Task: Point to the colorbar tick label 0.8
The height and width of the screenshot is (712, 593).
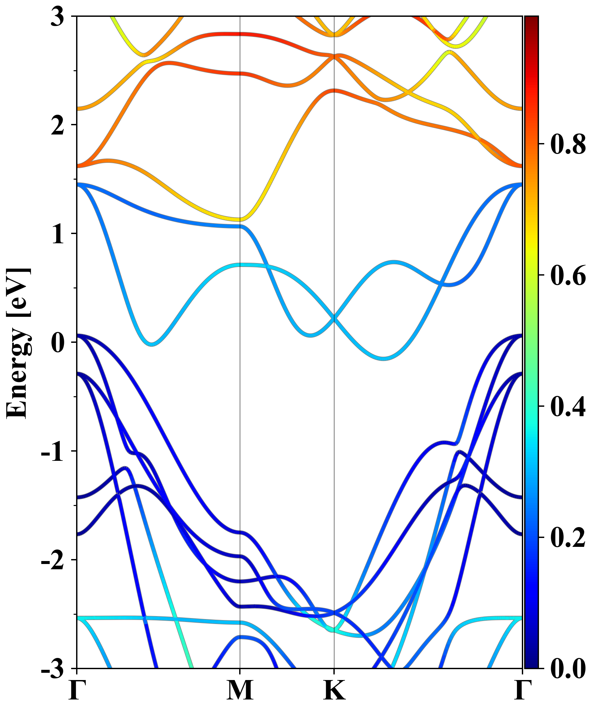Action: (x=568, y=144)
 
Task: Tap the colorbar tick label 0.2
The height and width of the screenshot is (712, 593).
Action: (x=568, y=537)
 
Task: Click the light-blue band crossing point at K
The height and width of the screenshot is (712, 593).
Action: (x=334, y=319)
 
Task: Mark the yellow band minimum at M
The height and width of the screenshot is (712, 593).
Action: (x=240, y=219)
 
